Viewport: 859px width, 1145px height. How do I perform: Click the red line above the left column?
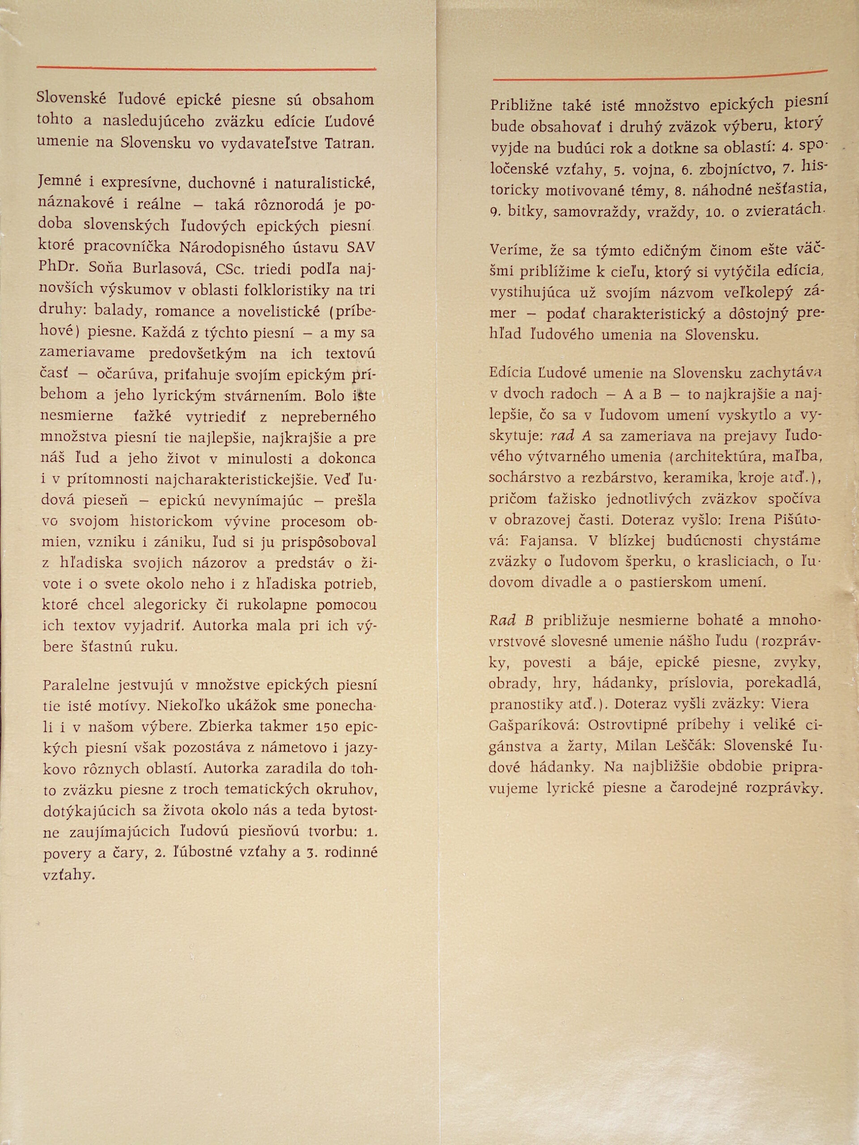click(x=206, y=68)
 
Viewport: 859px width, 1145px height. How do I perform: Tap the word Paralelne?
click(x=76, y=684)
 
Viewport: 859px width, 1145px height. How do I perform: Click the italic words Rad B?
click(x=511, y=621)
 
